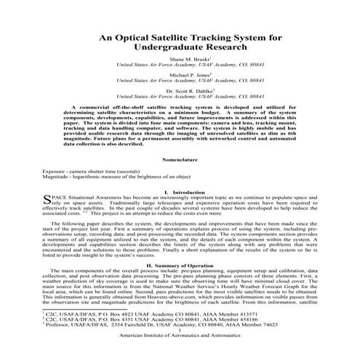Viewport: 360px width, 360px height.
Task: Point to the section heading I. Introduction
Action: point(180,192)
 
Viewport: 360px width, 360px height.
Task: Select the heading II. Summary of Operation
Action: point(180,267)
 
